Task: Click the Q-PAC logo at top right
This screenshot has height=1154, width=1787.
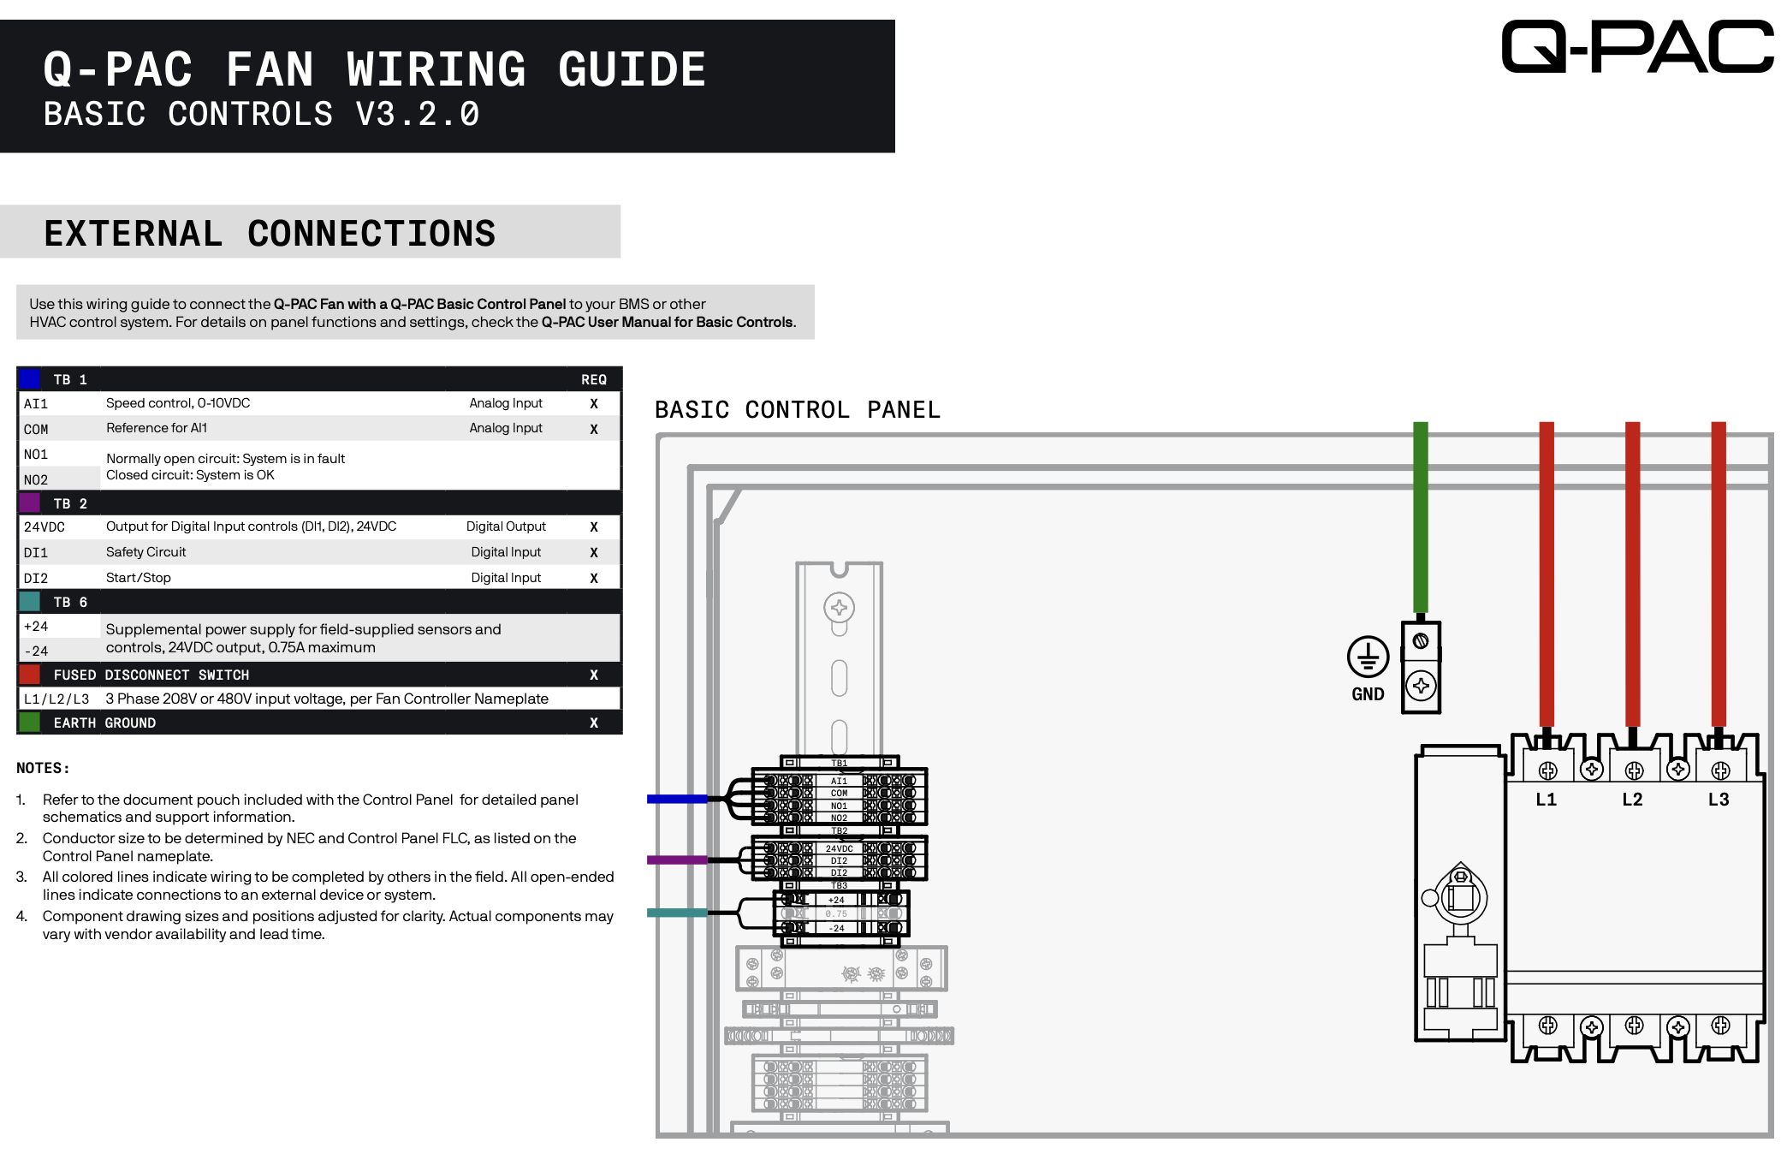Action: pyautogui.click(x=1636, y=47)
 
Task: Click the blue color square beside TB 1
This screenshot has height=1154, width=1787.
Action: pyautogui.click(x=30, y=378)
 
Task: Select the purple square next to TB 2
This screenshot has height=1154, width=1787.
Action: pyautogui.click(x=30, y=503)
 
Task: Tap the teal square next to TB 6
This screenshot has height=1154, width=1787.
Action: pyautogui.click(x=30, y=601)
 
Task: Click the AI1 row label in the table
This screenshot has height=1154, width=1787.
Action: pyautogui.click(x=36, y=404)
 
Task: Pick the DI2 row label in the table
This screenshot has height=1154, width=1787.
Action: pyautogui.click(x=36, y=579)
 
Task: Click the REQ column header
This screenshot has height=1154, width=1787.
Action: pyautogui.click(x=593, y=379)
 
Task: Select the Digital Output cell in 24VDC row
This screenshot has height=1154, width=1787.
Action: pyautogui.click(x=506, y=526)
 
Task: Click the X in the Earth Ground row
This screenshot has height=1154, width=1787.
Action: pyautogui.click(x=593, y=723)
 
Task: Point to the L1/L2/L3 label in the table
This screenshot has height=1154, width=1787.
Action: pyautogui.click(x=56, y=699)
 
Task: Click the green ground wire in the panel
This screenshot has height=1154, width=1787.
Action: pyautogui.click(x=1420, y=514)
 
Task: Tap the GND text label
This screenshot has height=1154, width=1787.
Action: pyautogui.click(x=1368, y=694)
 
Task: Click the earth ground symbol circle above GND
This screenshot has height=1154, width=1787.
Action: pyautogui.click(x=1368, y=657)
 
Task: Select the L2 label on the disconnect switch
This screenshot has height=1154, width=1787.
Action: pyautogui.click(x=1632, y=800)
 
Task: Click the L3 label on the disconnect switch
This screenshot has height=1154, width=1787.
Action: pyautogui.click(x=1718, y=800)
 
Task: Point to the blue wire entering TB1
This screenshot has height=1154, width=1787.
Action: pyautogui.click(x=676, y=799)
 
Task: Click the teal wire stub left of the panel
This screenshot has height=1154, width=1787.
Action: pyautogui.click(x=676, y=913)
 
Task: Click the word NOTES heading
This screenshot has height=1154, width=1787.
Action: pyautogui.click(x=42, y=768)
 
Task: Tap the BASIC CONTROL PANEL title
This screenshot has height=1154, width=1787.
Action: pyautogui.click(x=797, y=410)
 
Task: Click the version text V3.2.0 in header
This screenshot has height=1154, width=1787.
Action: pyautogui.click(x=418, y=115)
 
